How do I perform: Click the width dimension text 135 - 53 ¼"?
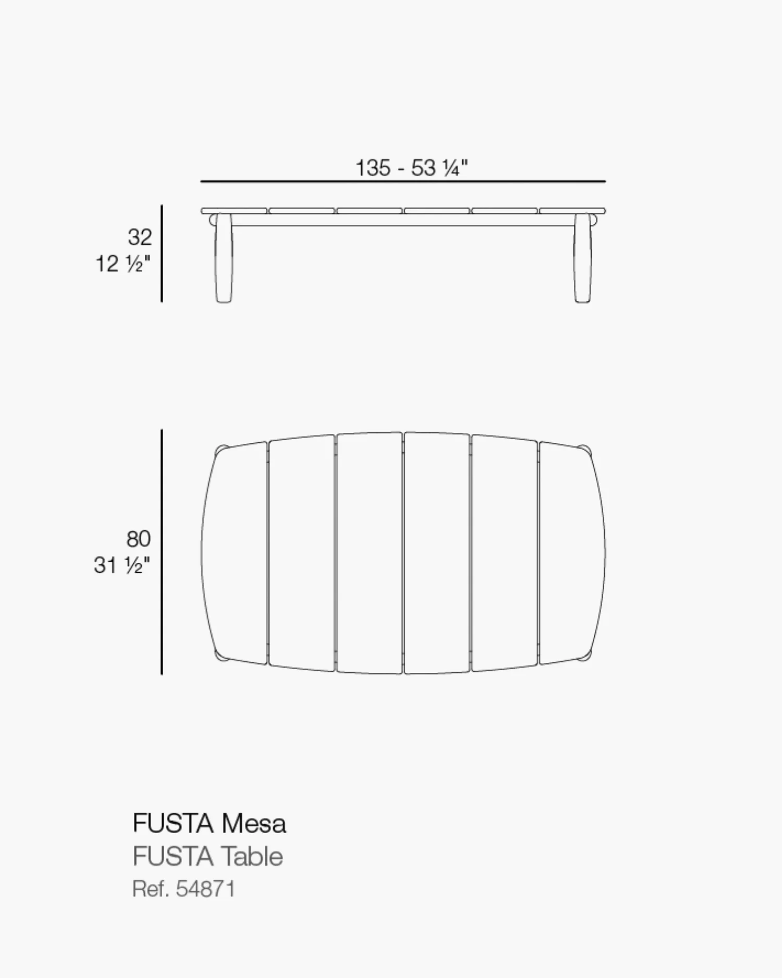(411, 168)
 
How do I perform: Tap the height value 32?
(140, 237)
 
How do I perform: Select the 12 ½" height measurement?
(123, 263)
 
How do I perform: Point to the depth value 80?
(139, 539)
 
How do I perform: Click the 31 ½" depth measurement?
(122, 565)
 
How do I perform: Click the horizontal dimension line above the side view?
(403, 182)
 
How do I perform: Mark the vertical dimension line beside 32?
(162, 253)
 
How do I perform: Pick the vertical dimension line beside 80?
(162, 552)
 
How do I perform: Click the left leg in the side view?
(224, 257)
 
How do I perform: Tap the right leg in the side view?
(583, 257)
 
